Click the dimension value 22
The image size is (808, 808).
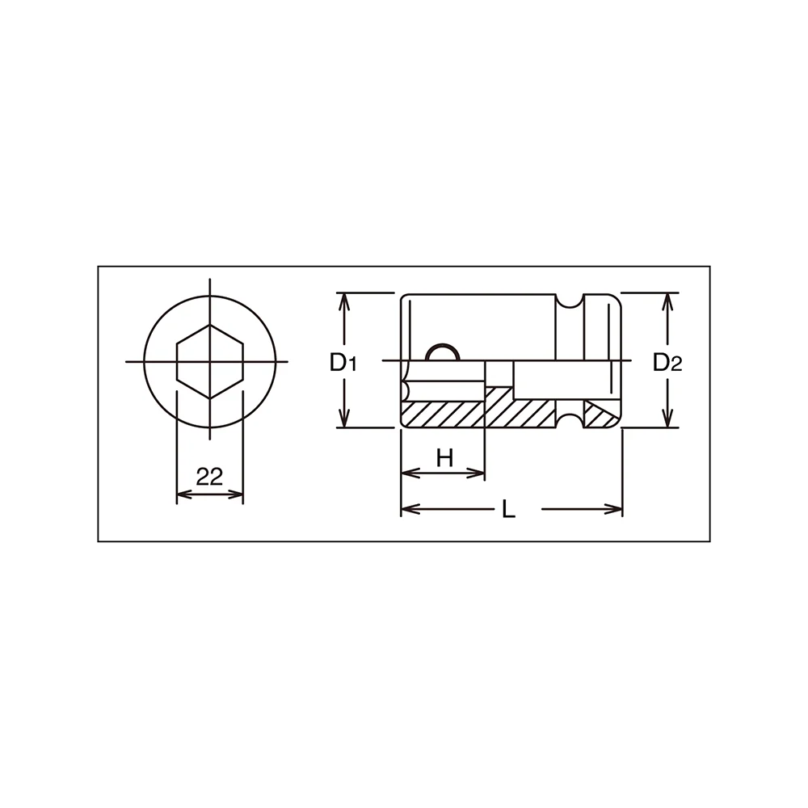209,477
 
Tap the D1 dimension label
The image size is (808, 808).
343,364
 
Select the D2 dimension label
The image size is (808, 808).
668,364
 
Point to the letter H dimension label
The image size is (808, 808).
444,457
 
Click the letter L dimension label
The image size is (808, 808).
508,510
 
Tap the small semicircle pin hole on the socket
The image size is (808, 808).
442,352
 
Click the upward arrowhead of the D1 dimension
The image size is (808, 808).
344,301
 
